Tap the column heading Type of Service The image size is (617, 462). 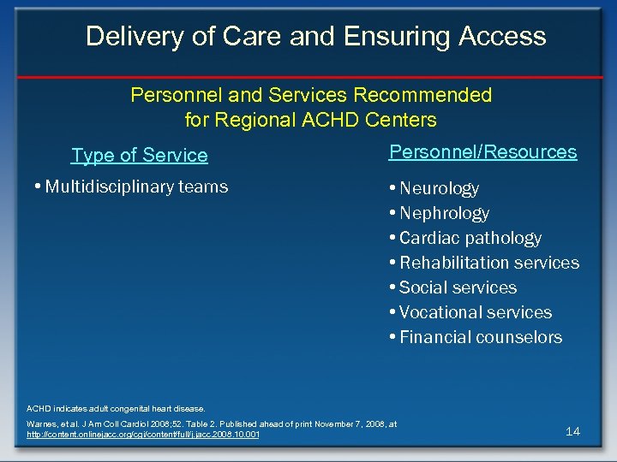click(x=140, y=155)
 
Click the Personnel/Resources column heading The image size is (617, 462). click(x=482, y=151)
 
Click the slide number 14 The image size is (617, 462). click(x=572, y=431)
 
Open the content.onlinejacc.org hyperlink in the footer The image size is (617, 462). click(x=144, y=435)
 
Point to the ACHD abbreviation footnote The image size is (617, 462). click(x=116, y=408)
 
